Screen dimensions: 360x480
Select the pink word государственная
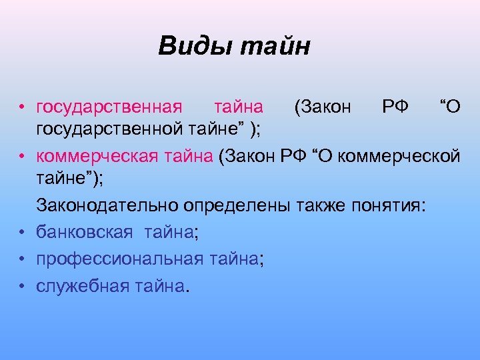pyautogui.click(x=109, y=107)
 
